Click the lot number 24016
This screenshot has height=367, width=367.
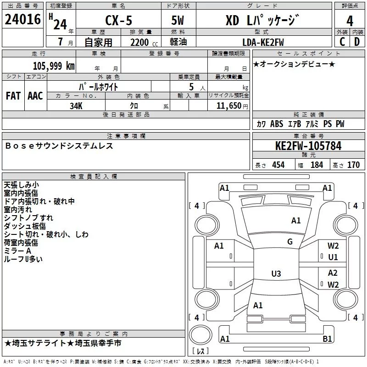pos(22,19)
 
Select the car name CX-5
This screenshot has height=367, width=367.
pos(119,20)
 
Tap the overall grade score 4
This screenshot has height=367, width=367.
pos(350,21)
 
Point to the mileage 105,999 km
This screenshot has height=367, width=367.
pos(54,66)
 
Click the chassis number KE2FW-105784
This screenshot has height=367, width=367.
pos(308,146)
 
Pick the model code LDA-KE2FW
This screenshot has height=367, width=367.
pos(263,42)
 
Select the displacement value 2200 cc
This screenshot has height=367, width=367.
pos(144,42)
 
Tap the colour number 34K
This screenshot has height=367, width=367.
pos(76,106)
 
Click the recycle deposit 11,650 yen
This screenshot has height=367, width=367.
pos(232,106)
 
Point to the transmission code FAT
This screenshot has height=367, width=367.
pos(13,96)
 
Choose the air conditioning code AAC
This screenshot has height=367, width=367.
pos(35,96)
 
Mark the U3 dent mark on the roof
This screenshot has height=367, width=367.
pos(276,273)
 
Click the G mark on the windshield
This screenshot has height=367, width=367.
pos(290,242)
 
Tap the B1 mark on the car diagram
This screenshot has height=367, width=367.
pos(327,339)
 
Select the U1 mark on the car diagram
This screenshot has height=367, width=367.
pos(333,257)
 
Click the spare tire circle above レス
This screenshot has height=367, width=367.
pos(200,334)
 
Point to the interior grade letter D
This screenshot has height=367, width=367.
pos(357,42)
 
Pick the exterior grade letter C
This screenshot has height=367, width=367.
pos(342,42)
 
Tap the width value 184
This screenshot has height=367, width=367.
pos(317,165)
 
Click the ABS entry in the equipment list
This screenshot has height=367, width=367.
pos(277,124)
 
